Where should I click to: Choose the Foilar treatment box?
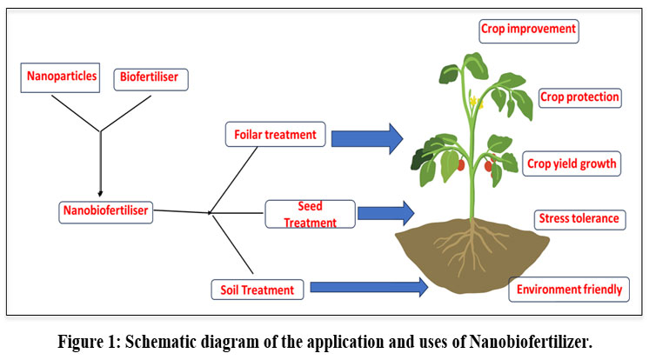pos(275,136)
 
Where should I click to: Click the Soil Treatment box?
pos(258,289)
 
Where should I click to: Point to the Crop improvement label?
pos(528,30)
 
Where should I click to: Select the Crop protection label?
pos(579,97)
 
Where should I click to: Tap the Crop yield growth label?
pos(572,163)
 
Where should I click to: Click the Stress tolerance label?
pos(579,218)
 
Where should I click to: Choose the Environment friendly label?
pos(569,290)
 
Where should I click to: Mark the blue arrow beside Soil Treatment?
pos(370,286)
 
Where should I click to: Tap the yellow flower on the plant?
pos(476,102)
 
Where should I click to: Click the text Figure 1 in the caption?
pos(85,342)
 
